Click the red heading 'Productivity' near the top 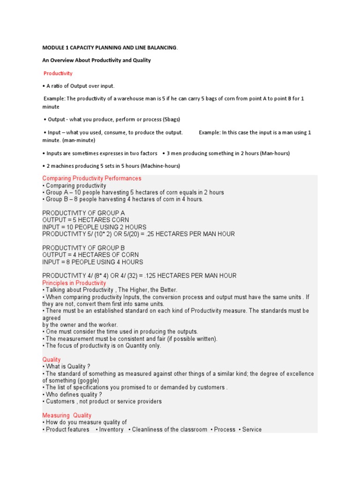click(58, 74)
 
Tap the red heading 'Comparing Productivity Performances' click(92, 179)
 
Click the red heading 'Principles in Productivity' click(75, 283)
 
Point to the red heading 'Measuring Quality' click(67, 415)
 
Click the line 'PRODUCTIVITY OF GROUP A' click(83, 213)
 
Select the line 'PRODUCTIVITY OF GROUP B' click(83, 248)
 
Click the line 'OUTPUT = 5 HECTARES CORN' click(86, 220)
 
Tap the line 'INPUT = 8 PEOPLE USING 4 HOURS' click(93, 262)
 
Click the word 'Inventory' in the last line click(111, 429)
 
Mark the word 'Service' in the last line click(252, 429)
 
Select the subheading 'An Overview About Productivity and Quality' click(97, 60)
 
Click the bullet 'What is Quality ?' click(68, 367)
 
